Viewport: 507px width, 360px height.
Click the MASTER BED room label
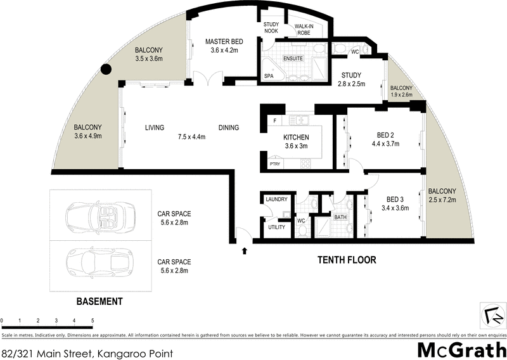click(221, 42)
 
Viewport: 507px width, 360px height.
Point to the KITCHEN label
click(296, 138)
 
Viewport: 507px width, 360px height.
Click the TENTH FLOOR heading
click(347, 260)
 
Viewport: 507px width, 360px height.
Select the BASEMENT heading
click(99, 302)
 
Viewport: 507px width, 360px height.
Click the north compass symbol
click(491, 314)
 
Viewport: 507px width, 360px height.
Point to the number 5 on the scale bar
click(93, 321)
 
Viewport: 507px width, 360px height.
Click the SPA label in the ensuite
click(269, 76)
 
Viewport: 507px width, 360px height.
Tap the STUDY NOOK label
click(271, 29)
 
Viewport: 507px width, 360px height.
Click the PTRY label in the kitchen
click(274, 164)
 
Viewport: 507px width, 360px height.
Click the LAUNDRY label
click(277, 200)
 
